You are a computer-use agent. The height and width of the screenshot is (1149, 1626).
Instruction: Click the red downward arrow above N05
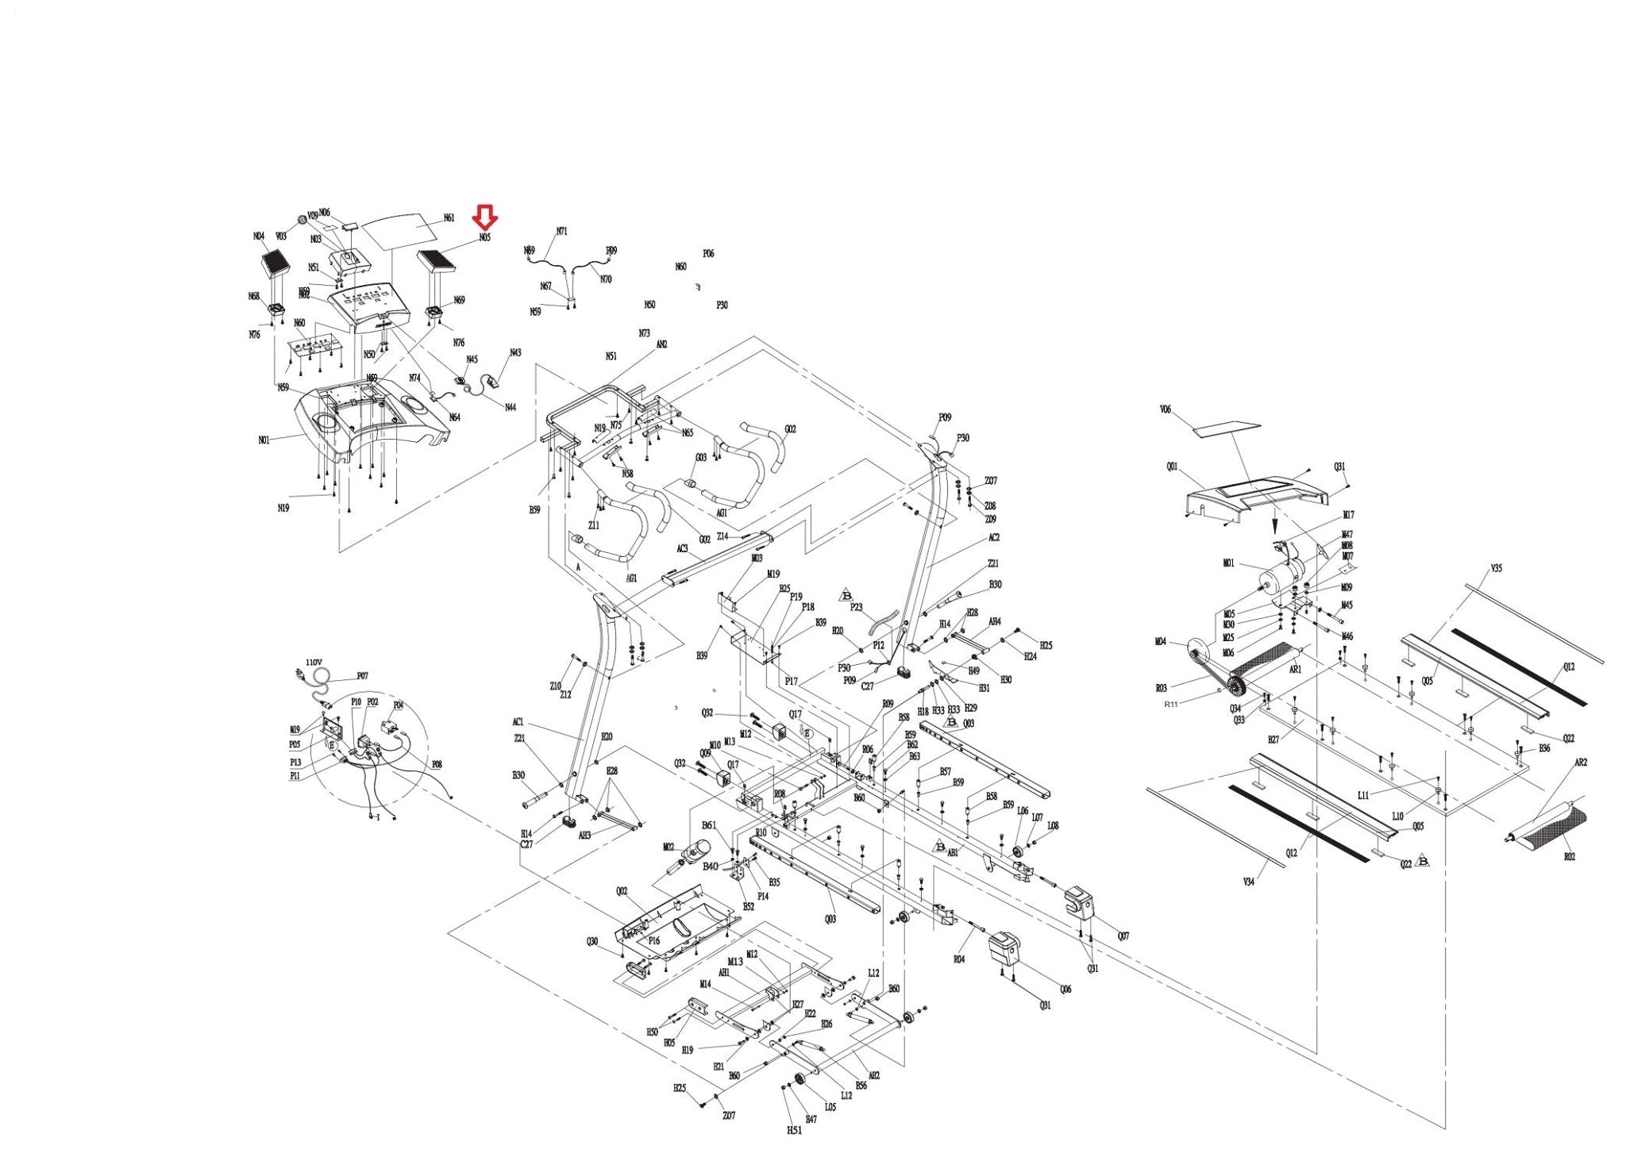[x=484, y=216]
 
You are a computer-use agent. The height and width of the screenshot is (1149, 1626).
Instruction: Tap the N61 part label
[x=449, y=218]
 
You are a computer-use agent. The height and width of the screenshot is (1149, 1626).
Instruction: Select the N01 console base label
[x=264, y=439]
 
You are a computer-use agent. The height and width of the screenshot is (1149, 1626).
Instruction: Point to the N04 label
[x=259, y=236]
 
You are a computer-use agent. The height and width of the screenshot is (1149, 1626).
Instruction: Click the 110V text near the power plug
[x=314, y=662]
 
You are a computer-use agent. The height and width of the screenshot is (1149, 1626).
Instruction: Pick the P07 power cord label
[x=362, y=676]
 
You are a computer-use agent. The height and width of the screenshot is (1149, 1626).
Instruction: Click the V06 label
[x=1166, y=410]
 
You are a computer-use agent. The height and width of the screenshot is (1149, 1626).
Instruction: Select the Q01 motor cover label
[x=1172, y=467]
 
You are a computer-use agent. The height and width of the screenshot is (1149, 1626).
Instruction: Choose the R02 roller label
[x=1569, y=857]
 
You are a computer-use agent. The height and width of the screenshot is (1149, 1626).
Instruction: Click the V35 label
[x=1497, y=568]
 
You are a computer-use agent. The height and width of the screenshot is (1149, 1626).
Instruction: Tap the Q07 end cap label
[x=1123, y=936]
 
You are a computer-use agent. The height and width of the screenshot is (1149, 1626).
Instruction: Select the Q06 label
[x=1065, y=990]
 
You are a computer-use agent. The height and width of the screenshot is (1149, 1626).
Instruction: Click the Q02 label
[x=622, y=891]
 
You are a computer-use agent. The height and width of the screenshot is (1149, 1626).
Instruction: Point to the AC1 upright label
[x=518, y=722]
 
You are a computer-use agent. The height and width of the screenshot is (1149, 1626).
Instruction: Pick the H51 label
[x=794, y=1130]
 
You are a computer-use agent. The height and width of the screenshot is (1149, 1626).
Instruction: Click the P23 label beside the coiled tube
[x=856, y=607]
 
